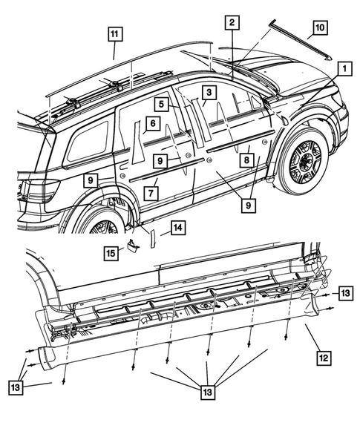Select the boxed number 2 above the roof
(232, 24)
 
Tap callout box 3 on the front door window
(210, 93)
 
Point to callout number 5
(160, 105)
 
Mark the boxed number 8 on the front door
(243, 159)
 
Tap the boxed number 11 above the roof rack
(114, 34)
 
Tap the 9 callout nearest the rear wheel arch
(88, 180)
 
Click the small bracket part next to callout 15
(133, 246)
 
